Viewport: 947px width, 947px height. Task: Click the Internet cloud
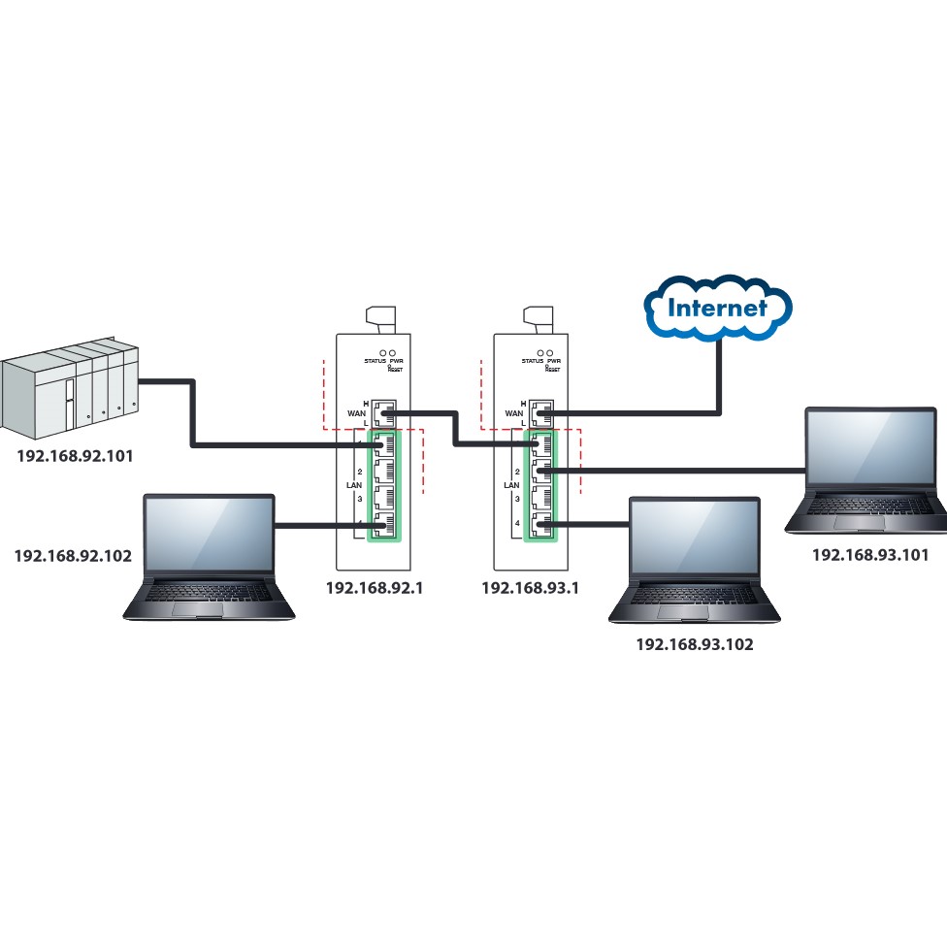(x=719, y=310)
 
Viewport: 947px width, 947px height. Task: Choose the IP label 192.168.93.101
(x=869, y=555)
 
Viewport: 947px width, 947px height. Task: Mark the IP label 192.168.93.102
(x=694, y=643)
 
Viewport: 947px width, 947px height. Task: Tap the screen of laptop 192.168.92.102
(x=209, y=535)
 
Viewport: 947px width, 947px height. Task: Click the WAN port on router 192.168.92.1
(x=385, y=413)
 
